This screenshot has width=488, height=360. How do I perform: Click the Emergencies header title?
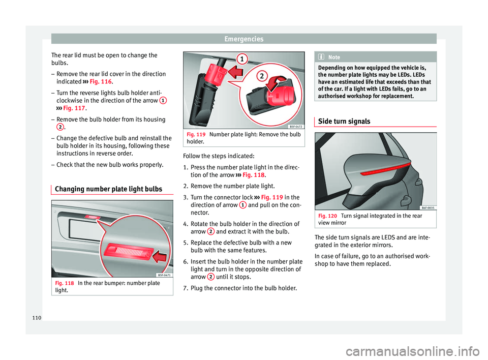point(243,39)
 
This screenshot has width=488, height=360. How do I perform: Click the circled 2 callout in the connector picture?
point(261,77)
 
